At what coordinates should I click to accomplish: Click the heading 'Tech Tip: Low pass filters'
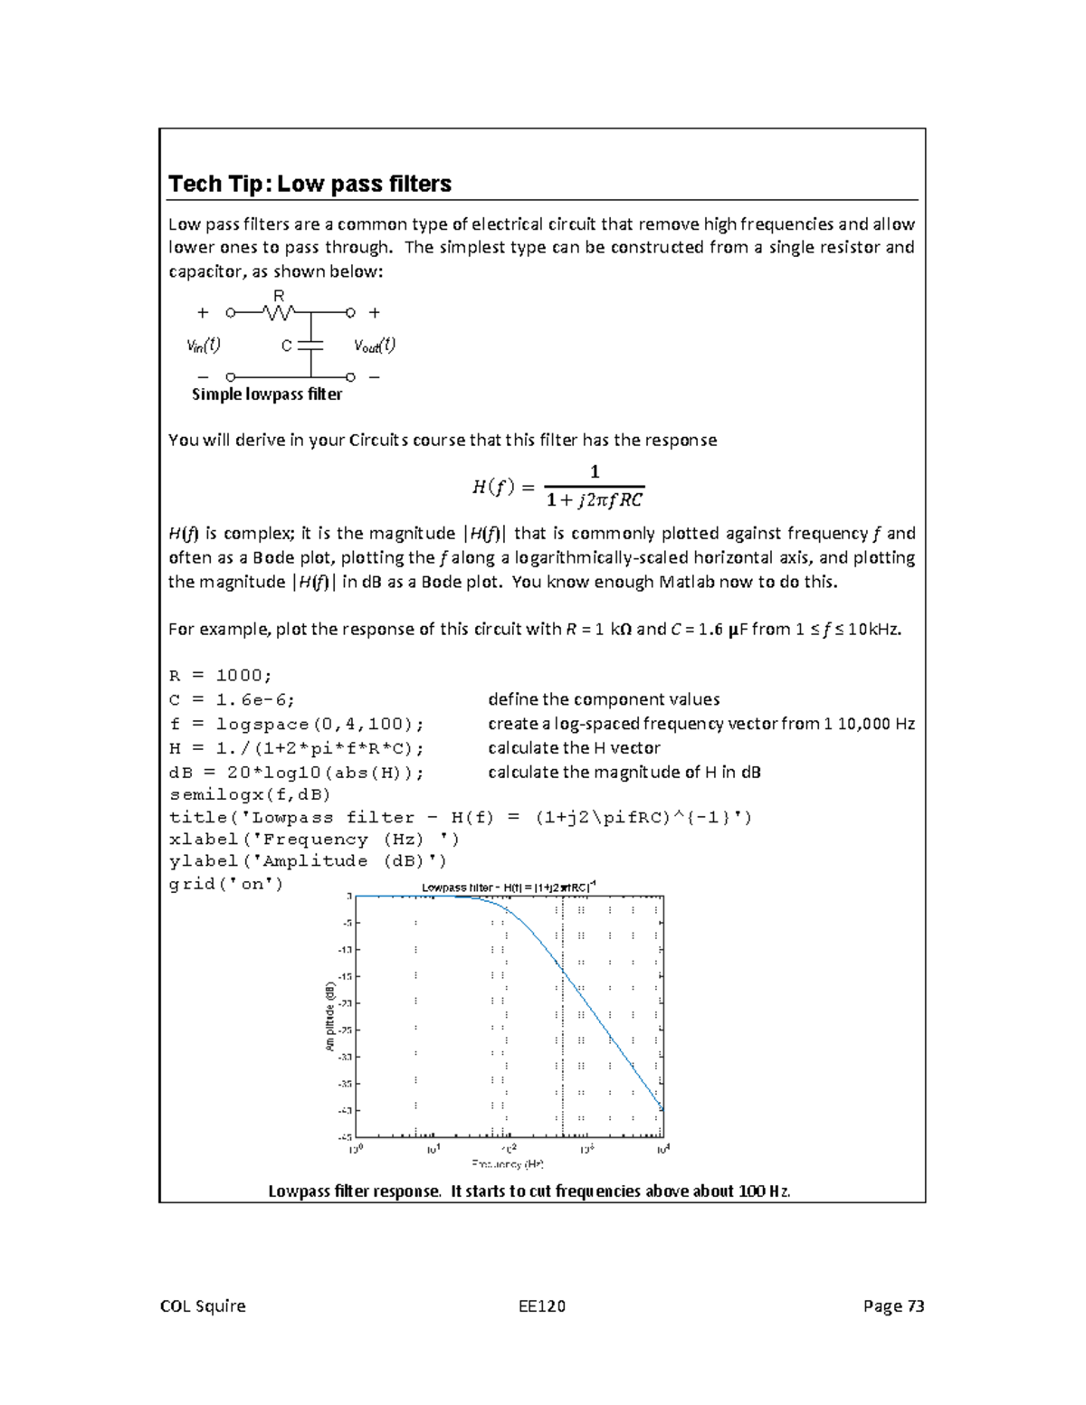(x=310, y=184)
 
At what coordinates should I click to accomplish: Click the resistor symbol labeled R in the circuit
(x=279, y=312)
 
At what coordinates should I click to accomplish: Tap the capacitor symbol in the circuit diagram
(x=310, y=345)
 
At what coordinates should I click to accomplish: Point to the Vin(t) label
(x=204, y=345)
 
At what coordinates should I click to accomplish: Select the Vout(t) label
(x=374, y=345)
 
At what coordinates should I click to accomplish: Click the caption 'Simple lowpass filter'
(x=267, y=394)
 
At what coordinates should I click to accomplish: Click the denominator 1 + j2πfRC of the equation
(x=595, y=499)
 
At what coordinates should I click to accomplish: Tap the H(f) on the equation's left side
(x=493, y=487)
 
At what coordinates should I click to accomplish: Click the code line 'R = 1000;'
(x=220, y=676)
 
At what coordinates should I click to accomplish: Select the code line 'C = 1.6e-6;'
(x=232, y=699)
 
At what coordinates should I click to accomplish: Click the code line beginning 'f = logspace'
(x=296, y=724)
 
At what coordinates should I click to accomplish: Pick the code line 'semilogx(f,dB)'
(x=250, y=794)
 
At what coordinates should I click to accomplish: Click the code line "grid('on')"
(x=226, y=884)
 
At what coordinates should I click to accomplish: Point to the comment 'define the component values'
(x=604, y=699)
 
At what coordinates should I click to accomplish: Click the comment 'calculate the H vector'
(x=574, y=748)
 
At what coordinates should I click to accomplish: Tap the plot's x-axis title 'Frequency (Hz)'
(x=508, y=1164)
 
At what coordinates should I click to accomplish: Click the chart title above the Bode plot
(x=509, y=887)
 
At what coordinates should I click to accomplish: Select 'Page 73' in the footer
(x=893, y=1305)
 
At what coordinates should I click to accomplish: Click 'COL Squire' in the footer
(x=203, y=1305)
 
